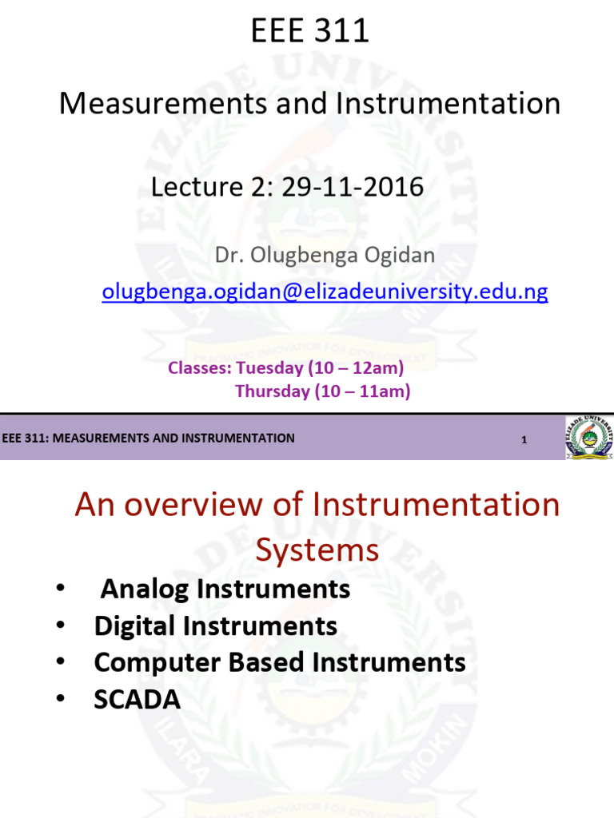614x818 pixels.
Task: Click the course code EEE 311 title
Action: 310,31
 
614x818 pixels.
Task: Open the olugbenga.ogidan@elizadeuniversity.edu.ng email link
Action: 325,292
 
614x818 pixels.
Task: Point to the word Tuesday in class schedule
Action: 277,368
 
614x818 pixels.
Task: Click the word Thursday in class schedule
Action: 272,391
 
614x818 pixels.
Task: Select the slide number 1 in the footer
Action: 524,439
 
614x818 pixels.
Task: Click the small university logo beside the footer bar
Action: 590,438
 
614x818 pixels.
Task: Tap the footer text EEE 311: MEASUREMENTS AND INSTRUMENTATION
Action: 149,438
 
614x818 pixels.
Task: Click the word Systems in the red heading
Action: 317,550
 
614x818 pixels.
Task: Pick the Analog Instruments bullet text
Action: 225,590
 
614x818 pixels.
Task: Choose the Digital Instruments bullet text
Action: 216,625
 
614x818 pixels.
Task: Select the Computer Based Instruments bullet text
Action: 280,662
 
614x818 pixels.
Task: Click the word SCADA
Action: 138,700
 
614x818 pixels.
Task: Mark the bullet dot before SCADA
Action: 62,700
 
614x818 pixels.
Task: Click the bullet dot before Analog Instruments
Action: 62,590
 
